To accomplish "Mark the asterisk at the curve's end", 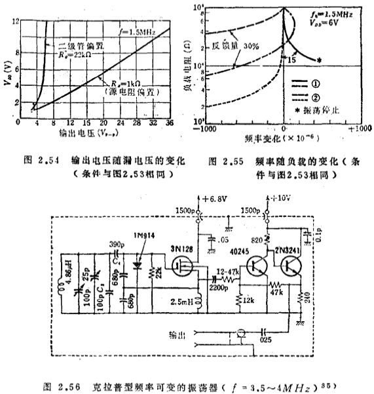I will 319,61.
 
